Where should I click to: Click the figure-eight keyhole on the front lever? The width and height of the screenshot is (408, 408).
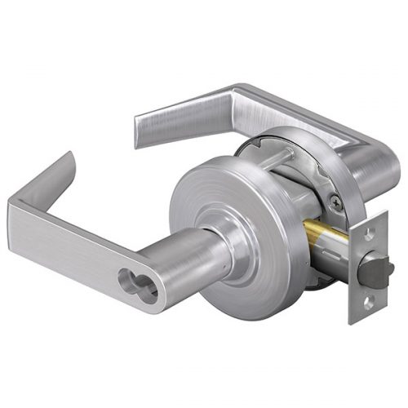click(x=131, y=270)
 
